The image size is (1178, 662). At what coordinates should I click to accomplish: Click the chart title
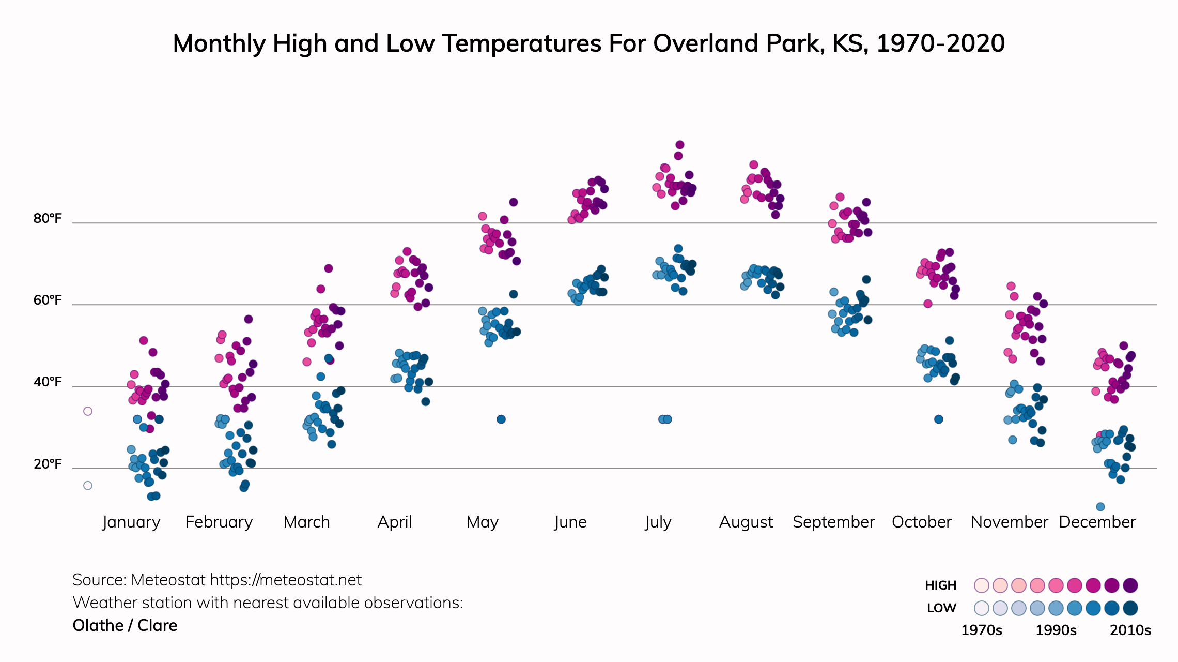click(588, 43)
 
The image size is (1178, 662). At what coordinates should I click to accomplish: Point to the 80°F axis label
click(48, 219)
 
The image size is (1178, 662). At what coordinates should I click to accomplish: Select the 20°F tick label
click(48, 464)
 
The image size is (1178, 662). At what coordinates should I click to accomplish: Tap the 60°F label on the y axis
click(48, 300)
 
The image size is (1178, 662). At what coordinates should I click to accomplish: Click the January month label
click(131, 522)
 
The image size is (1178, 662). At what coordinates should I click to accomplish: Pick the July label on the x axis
click(658, 522)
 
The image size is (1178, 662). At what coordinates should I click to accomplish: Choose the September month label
click(833, 522)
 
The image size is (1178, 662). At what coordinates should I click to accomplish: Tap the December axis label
click(1097, 522)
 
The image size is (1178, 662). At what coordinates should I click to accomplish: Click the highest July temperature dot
click(680, 145)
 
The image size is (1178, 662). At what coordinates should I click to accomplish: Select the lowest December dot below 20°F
click(1100, 507)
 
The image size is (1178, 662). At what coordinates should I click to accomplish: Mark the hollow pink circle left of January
click(88, 411)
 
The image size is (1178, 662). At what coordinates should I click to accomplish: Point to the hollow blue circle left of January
click(88, 486)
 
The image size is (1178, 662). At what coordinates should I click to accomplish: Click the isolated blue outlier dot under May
click(501, 419)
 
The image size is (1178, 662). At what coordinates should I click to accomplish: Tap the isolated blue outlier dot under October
click(939, 419)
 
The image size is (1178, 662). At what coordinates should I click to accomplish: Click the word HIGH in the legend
click(940, 585)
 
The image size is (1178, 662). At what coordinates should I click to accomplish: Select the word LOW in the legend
click(941, 608)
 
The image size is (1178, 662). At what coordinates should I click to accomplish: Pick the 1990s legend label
click(1056, 630)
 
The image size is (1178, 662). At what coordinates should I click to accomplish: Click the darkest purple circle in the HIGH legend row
click(1130, 585)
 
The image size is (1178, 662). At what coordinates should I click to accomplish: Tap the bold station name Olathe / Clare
click(125, 626)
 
